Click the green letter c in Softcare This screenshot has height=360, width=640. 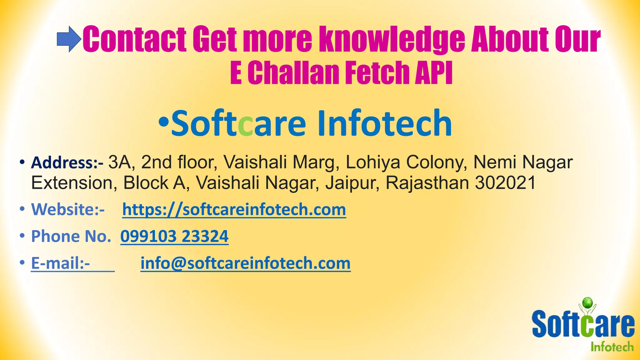click(x=245, y=124)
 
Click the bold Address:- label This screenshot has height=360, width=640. click(x=67, y=163)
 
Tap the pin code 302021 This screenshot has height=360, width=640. click(x=505, y=183)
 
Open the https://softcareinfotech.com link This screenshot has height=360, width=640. click(x=234, y=210)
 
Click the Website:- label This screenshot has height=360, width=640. click(x=68, y=209)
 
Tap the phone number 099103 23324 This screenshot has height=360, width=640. click(x=174, y=236)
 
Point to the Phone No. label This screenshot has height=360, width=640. click(x=71, y=236)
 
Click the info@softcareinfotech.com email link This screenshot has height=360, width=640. click(x=245, y=263)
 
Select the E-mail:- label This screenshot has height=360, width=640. click(x=61, y=263)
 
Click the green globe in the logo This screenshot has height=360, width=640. click(x=587, y=302)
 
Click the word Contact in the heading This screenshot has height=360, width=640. click(x=135, y=40)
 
